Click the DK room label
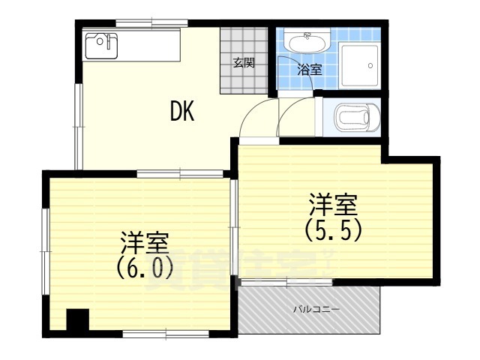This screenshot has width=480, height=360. pos(182,112)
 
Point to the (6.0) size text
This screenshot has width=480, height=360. pos(145,266)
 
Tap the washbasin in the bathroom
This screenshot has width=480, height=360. pos(307,41)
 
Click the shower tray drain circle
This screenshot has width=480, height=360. pos(370,65)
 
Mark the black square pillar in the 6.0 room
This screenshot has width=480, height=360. pos(76,320)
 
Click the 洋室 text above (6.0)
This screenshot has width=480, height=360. pos(145,242)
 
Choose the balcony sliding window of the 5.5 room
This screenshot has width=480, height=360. pos(286,282)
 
